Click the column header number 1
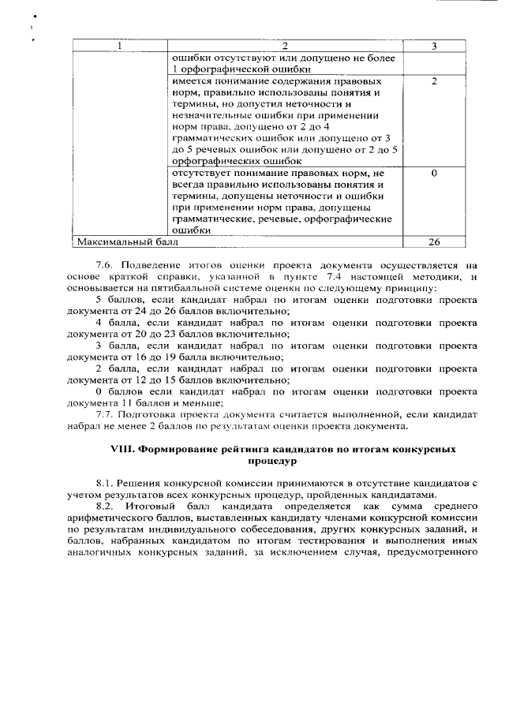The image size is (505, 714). pyautogui.click(x=120, y=47)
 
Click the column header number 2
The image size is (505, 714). pyautogui.click(x=285, y=47)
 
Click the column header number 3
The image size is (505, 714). pyautogui.click(x=435, y=47)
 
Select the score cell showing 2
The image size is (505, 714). pyautogui.click(x=435, y=82)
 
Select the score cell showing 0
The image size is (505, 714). pyautogui.click(x=435, y=173)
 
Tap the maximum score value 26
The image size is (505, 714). pyautogui.click(x=435, y=242)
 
